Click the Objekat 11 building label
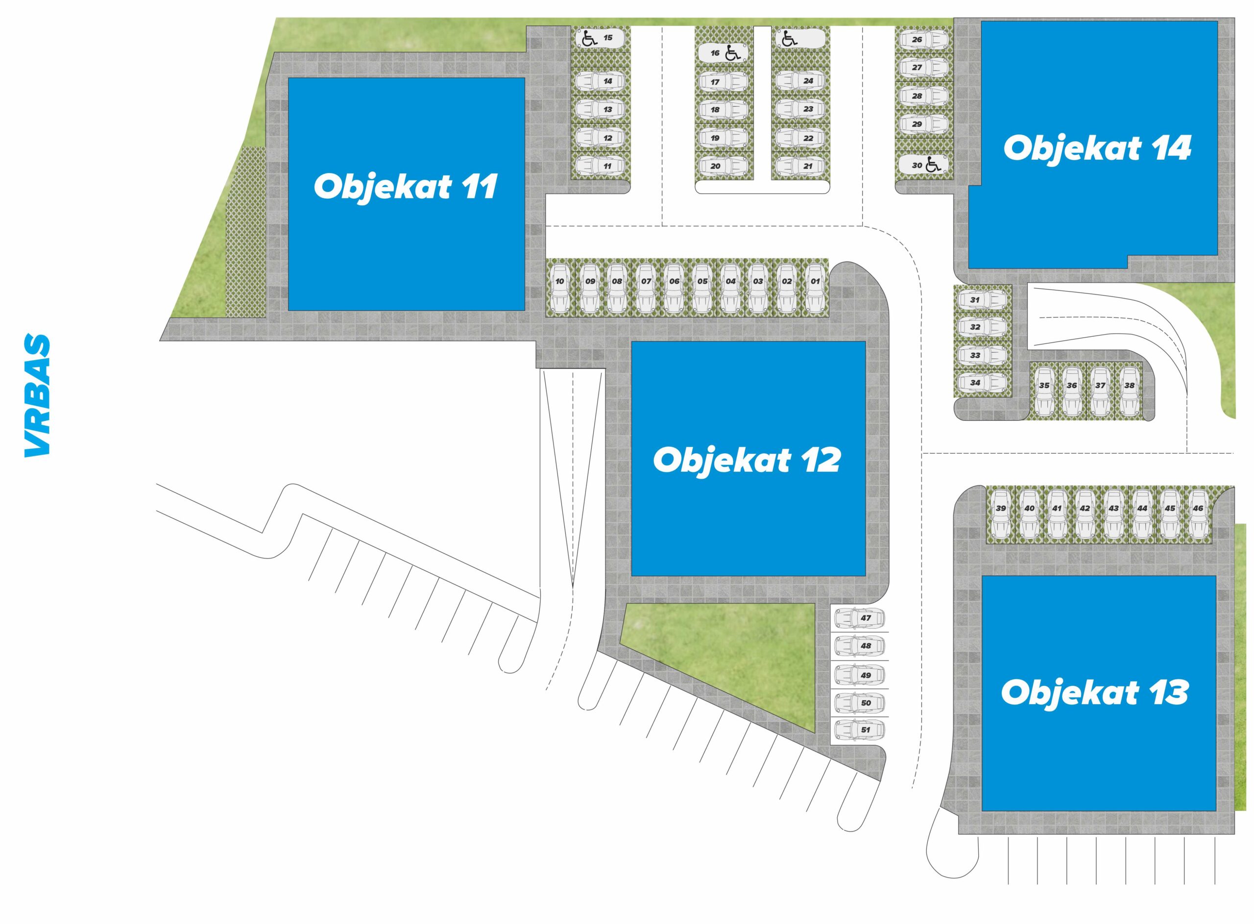tap(405, 187)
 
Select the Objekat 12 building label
tap(747, 461)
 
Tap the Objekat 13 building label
tap(1094, 693)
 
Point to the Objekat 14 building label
tap(1097, 148)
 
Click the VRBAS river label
tap(37, 395)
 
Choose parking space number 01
tap(815, 288)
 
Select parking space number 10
tap(559, 288)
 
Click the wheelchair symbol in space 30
tap(933, 165)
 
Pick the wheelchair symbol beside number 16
tap(732, 53)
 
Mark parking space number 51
tap(859, 730)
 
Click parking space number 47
tap(859, 618)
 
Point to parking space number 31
tap(982, 300)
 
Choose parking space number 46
tap(1198, 514)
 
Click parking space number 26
tap(925, 40)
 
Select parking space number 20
tap(723, 166)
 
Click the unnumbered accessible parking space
tap(800, 39)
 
